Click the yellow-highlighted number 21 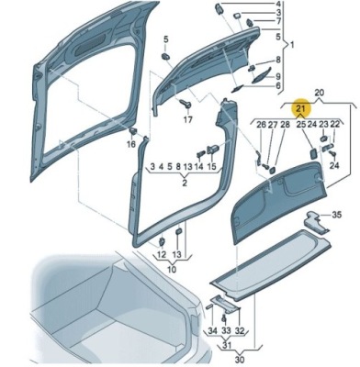point(300,108)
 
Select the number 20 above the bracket point(319,93)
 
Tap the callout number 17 point(188,119)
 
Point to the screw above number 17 point(186,104)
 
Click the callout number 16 point(131,144)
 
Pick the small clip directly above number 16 point(133,131)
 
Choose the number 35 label point(337,215)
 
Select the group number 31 point(226,346)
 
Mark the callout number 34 point(212,330)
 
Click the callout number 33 point(226,330)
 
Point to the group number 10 point(172,270)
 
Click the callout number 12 point(162,254)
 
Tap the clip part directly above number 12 point(161,241)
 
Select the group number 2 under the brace point(185,183)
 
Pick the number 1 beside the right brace point(292,45)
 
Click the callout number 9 point(278,76)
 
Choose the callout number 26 point(262,125)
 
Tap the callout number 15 point(211,167)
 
